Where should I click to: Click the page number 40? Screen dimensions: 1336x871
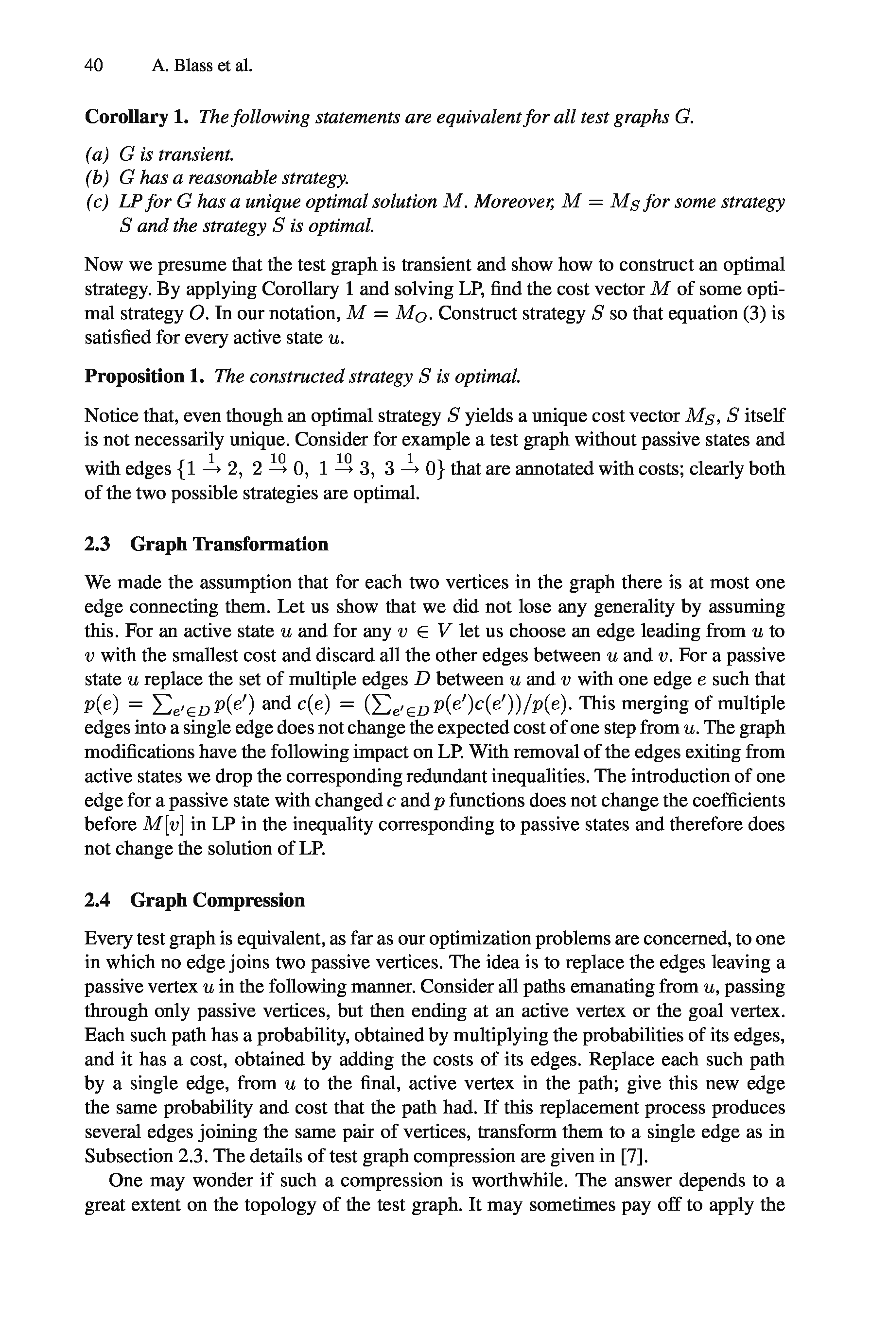(94, 66)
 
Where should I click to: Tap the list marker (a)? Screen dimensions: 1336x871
(97, 153)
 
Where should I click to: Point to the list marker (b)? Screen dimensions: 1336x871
(97, 177)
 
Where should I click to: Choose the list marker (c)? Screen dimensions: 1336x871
(97, 202)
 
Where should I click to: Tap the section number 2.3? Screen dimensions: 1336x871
(97, 545)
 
